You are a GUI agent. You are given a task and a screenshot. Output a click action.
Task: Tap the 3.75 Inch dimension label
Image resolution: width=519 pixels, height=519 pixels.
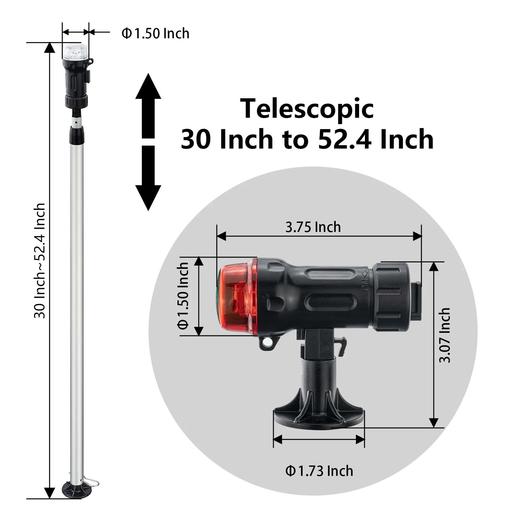[x=313, y=227]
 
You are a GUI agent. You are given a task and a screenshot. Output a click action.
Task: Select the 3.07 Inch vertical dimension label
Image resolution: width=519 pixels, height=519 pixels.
[x=444, y=335]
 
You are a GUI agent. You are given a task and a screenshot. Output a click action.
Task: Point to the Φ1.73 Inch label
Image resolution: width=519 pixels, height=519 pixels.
[x=319, y=471]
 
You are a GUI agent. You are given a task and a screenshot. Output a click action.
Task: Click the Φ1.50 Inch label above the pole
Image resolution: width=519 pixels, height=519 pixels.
[x=155, y=33]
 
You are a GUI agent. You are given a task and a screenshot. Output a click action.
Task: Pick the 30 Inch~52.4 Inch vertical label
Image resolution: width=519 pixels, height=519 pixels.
[x=40, y=260]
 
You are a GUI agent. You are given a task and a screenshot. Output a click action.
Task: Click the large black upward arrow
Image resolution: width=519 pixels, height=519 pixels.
[x=148, y=106]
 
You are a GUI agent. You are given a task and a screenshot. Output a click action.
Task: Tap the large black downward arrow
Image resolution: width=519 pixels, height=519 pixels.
[x=148, y=178]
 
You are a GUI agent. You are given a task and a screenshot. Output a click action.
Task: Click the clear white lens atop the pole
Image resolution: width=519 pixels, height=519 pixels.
[x=76, y=51]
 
